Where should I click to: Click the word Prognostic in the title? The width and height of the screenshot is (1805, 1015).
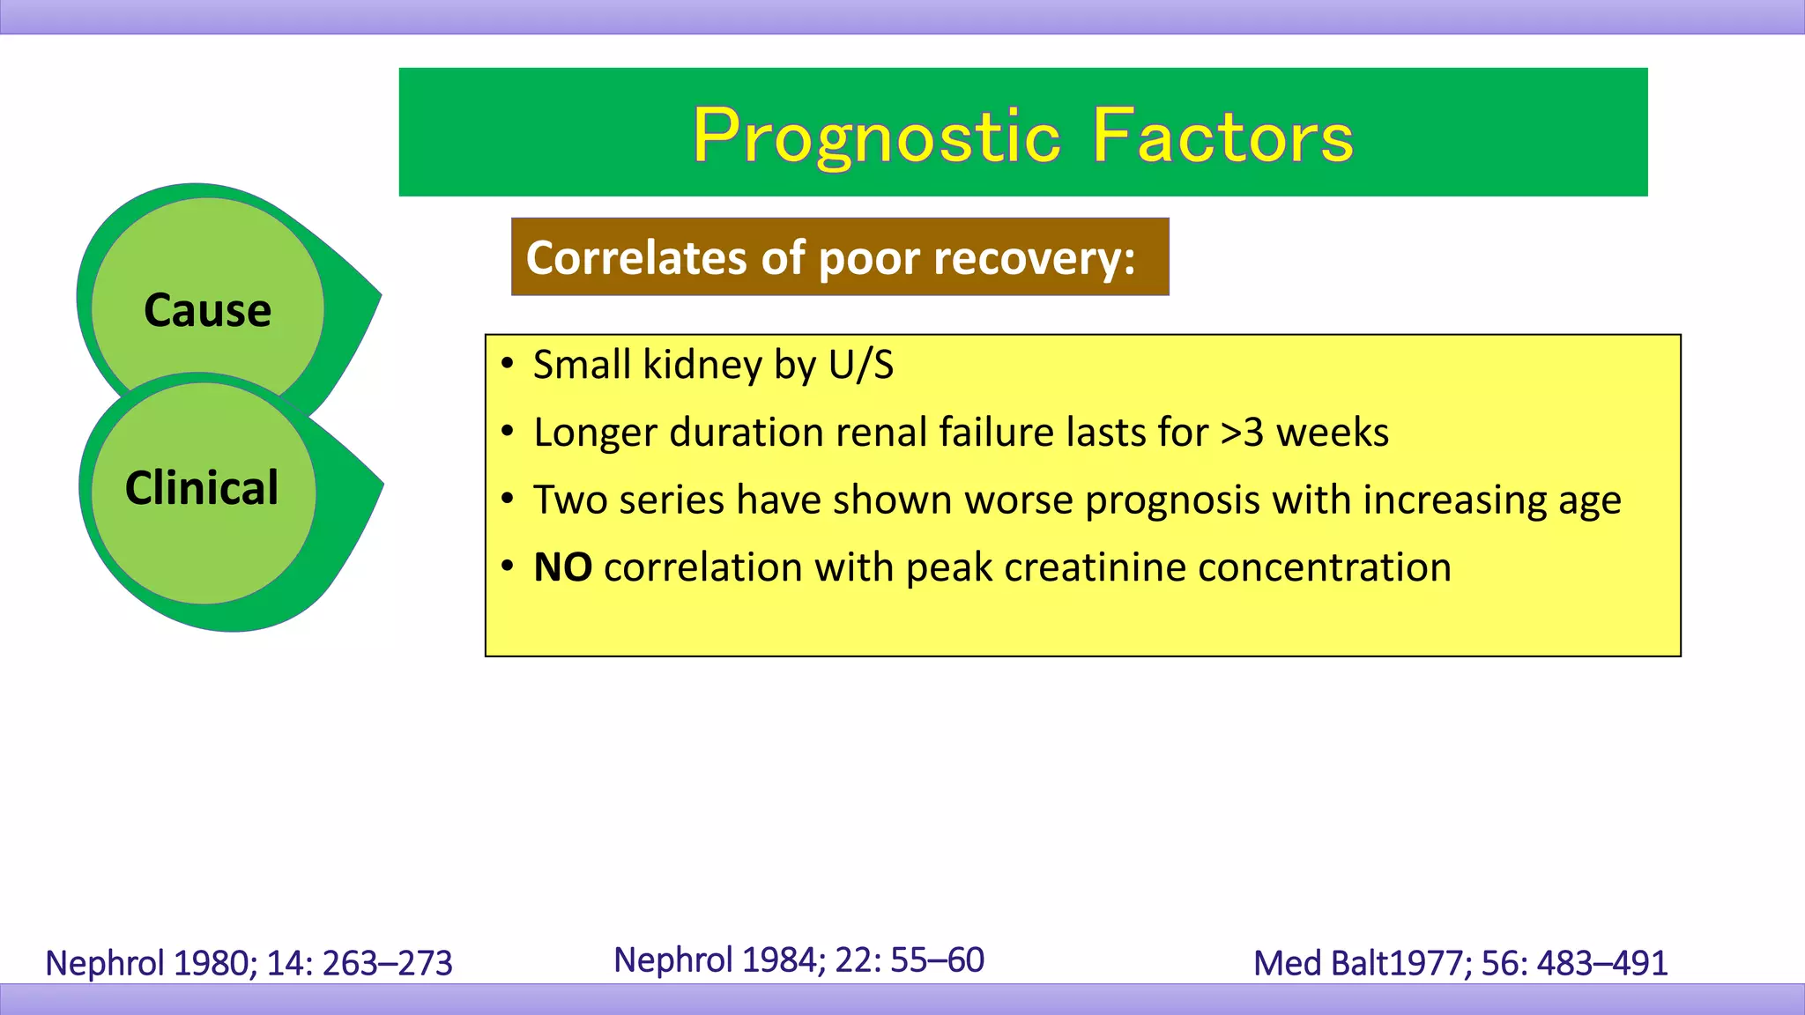click(x=877, y=137)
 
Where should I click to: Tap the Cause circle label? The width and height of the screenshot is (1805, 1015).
click(x=207, y=310)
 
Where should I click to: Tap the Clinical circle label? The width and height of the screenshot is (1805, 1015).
click(x=202, y=488)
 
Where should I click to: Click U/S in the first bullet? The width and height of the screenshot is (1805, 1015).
click(x=861, y=365)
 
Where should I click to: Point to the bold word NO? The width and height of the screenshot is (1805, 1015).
click(x=562, y=567)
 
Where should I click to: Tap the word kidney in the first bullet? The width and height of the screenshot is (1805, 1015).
click(x=702, y=365)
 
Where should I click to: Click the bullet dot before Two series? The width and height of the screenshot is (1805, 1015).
click(x=507, y=500)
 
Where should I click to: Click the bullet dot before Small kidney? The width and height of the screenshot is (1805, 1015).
click(x=507, y=364)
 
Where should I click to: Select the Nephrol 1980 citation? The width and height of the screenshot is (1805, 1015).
click(x=249, y=963)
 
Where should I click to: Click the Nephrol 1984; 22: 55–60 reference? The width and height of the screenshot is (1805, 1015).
click(x=799, y=959)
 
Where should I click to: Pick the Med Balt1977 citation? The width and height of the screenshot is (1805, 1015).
click(x=1460, y=963)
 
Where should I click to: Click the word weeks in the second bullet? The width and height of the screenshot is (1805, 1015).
click(x=1332, y=433)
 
